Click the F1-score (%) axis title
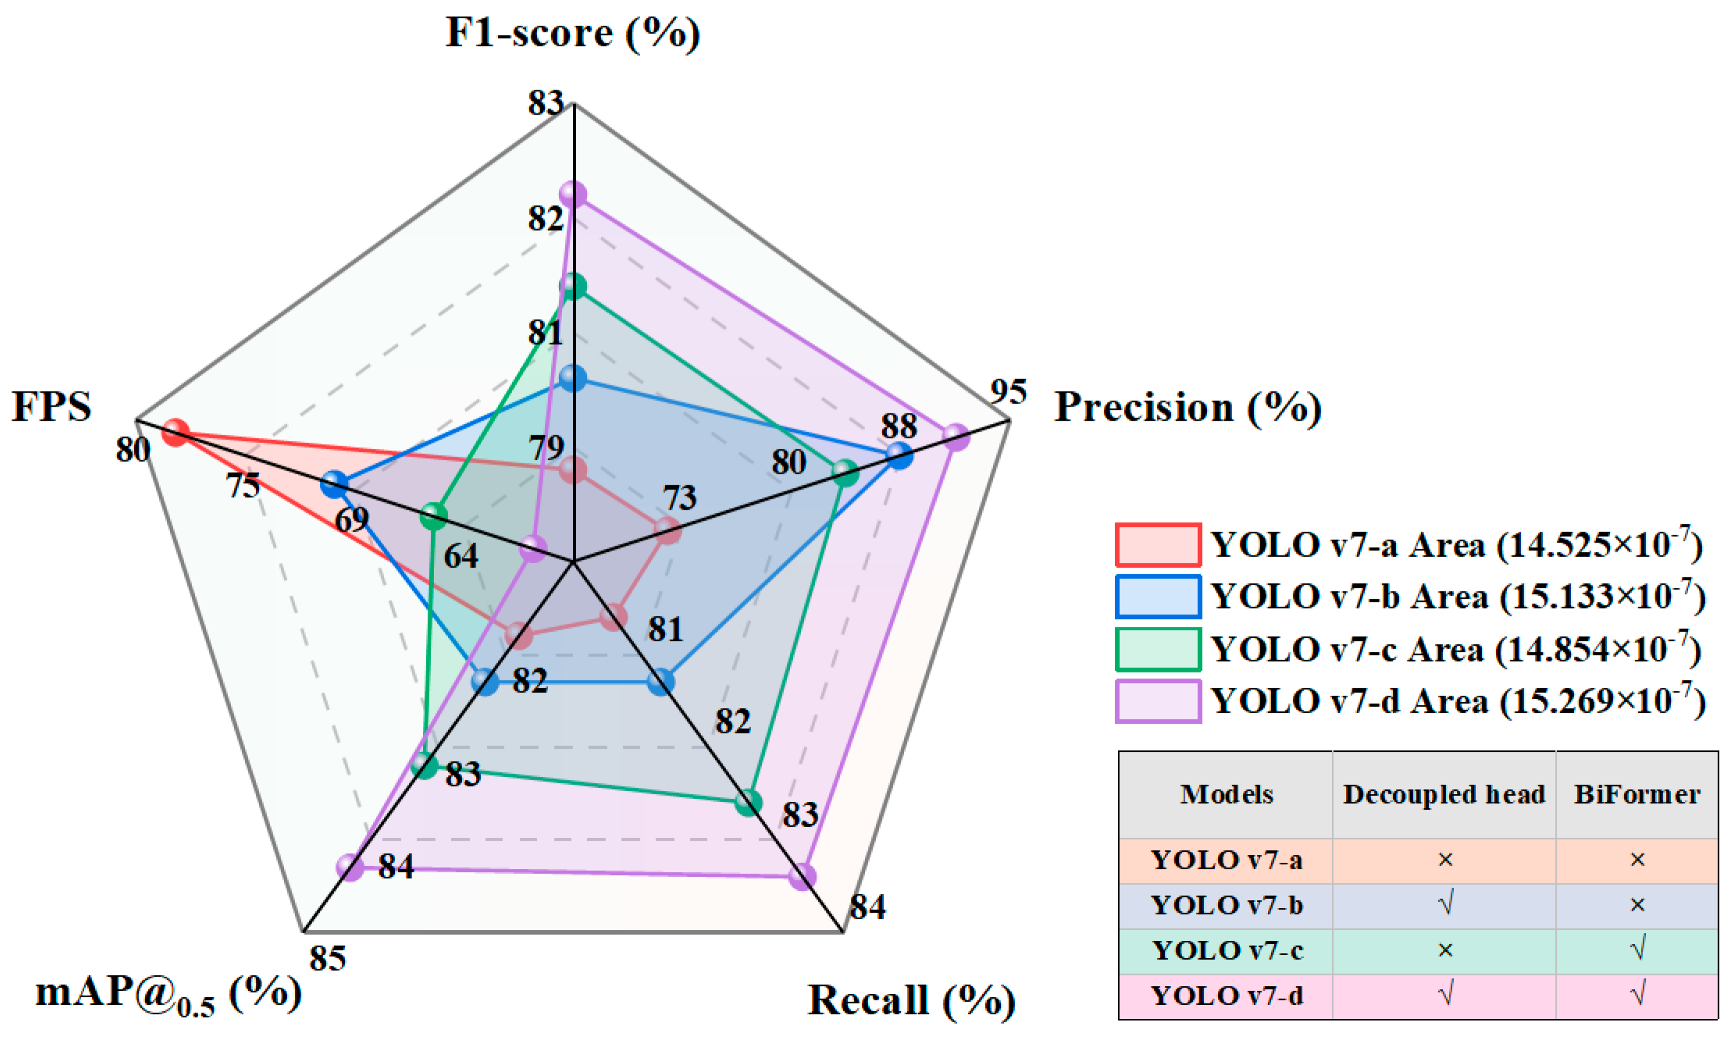[x=572, y=34]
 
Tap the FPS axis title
[x=52, y=406]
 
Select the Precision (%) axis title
[x=1188, y=407]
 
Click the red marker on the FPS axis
[x=175, y=432]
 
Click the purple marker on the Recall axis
[x=802, y=876]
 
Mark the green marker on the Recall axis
[x=749, y=802]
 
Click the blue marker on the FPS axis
[x=335, y=484]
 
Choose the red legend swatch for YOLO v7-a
[x=1158, y=544]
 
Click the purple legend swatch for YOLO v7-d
[x=1158, y=701]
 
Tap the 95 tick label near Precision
[x=1008, y=392]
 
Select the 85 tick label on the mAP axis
[x=327, y=958]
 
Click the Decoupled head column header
[x=1443, y=794]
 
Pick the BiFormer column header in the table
[x=1637, y=794]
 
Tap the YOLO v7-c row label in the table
[x=1227, y=951]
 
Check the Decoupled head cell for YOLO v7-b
[x=1445, y=905]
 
